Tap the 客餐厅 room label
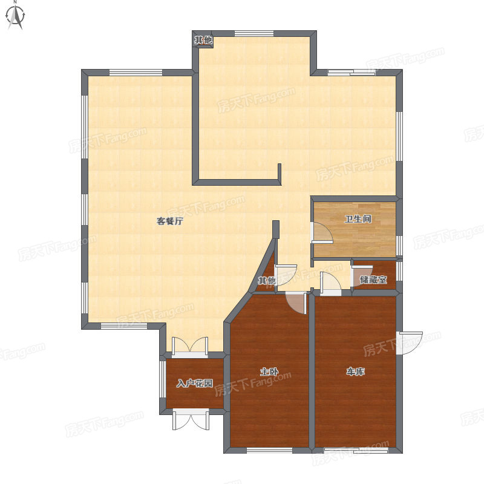pos(170,221)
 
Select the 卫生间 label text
pos(358,219)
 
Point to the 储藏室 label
pos(373,280)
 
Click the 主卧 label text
pos(269,371)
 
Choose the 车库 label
pos(356,371)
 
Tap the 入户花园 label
pos(195,384)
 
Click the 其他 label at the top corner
pos(203,40)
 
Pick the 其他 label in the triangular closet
pos(267,281)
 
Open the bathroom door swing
pos(322,232)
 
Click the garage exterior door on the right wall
pos(410,343)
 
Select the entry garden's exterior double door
pos(191,420)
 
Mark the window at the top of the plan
pos(254,33)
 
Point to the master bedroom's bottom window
pos(269,450)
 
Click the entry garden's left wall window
pos(163,379)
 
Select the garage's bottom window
pos(356,450)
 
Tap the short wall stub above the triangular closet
pos(276,229)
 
